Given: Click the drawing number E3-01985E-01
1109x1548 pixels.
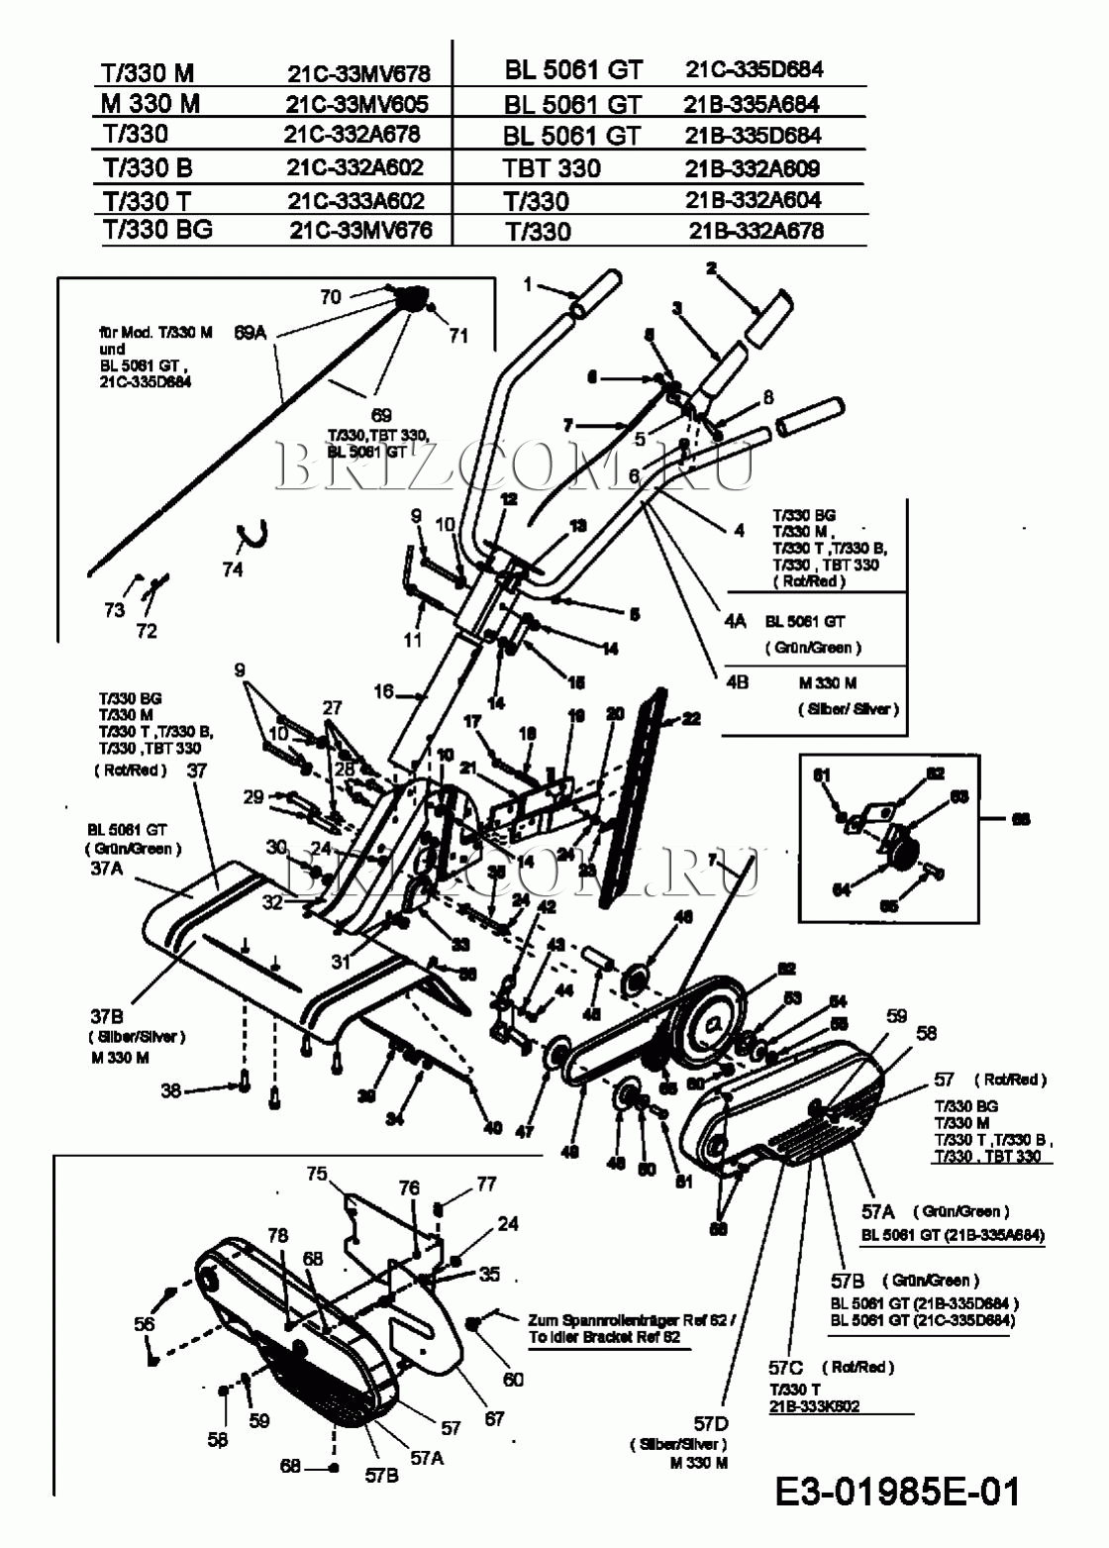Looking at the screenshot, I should coord(897,1492).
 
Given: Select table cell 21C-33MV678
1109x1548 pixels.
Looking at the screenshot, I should coord(358,73).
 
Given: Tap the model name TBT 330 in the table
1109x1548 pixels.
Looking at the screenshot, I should coord(552,168).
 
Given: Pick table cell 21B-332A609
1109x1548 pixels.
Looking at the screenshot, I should coord(753,168).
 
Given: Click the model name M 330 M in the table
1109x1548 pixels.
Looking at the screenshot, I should coord(151,103).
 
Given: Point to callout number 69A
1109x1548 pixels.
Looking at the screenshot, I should coord(251,333).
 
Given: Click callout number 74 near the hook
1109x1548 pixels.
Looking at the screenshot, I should coord(233,569).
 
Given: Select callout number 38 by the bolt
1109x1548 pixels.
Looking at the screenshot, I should coord(171,1090).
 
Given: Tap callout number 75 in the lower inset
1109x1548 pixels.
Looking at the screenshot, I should coord(317,1174).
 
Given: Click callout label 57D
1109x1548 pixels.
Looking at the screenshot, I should coord(711,1424).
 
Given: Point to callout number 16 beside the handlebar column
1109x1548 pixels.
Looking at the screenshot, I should coord(384,691).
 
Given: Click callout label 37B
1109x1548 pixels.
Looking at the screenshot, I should coord(107,1017).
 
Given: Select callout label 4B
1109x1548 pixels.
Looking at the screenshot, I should coord(737,682).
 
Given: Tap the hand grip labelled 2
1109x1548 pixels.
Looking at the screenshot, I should coord(768,318).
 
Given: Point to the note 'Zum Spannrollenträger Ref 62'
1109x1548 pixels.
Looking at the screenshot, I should coord(632,1320).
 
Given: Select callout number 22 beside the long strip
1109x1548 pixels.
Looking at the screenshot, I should coord(691,718).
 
